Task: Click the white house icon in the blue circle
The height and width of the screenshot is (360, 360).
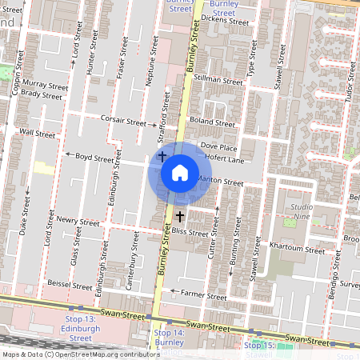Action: (x=180, y=173)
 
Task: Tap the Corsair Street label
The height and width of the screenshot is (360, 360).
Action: (x=124, y=123)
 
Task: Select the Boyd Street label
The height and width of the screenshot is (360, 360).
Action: (x=94, y=158)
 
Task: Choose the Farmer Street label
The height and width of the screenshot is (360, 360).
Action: (x=206, y=295)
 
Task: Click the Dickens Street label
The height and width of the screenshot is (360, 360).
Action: (x=225, y=21)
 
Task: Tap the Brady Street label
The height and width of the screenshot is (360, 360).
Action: (x=42, y=94)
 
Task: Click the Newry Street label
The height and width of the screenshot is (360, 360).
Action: (x=78, y=220)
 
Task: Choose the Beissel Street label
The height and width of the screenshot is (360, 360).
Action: (x=70, y=284)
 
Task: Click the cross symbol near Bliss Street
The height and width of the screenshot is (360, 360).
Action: (x=180, y=216)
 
